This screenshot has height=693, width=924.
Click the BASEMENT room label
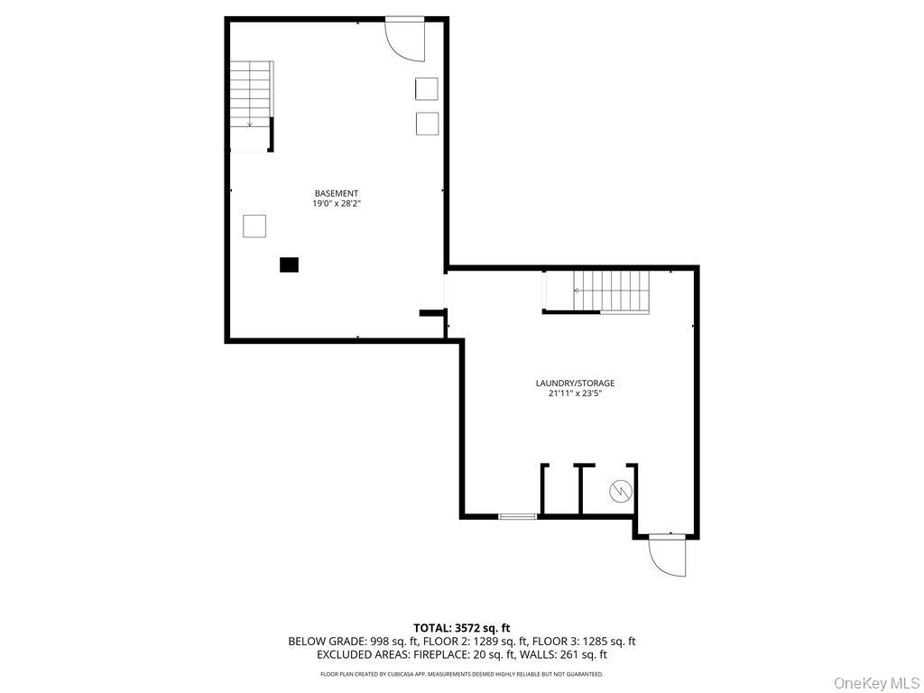pos(337,193)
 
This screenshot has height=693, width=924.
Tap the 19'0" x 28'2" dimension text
pos(337,204)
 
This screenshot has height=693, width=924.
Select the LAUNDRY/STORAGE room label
pos(575,383)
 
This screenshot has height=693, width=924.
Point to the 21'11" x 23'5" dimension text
pos(575,393)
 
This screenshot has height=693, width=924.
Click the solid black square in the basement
pos(289,264)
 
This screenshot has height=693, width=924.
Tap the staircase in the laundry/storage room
pos(612,292)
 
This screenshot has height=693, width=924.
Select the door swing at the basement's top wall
pos(405,40)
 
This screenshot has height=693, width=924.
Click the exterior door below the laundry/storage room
pos(667,554)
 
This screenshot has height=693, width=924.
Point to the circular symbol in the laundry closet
pos(621,491)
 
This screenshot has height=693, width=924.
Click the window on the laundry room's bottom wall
pos(518,517)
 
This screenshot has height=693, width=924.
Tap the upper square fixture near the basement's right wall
pos(427,88)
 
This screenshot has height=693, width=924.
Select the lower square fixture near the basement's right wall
pos(427,123)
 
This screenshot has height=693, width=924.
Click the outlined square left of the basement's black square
pos(254,226)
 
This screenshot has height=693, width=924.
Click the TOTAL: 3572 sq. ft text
pos(462,627)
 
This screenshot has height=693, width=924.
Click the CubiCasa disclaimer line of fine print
pos(462,674)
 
